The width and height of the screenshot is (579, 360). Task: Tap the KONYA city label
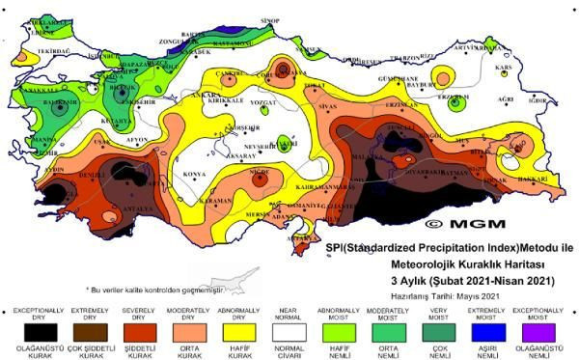195,174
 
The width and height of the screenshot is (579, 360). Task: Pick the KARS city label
503,69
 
